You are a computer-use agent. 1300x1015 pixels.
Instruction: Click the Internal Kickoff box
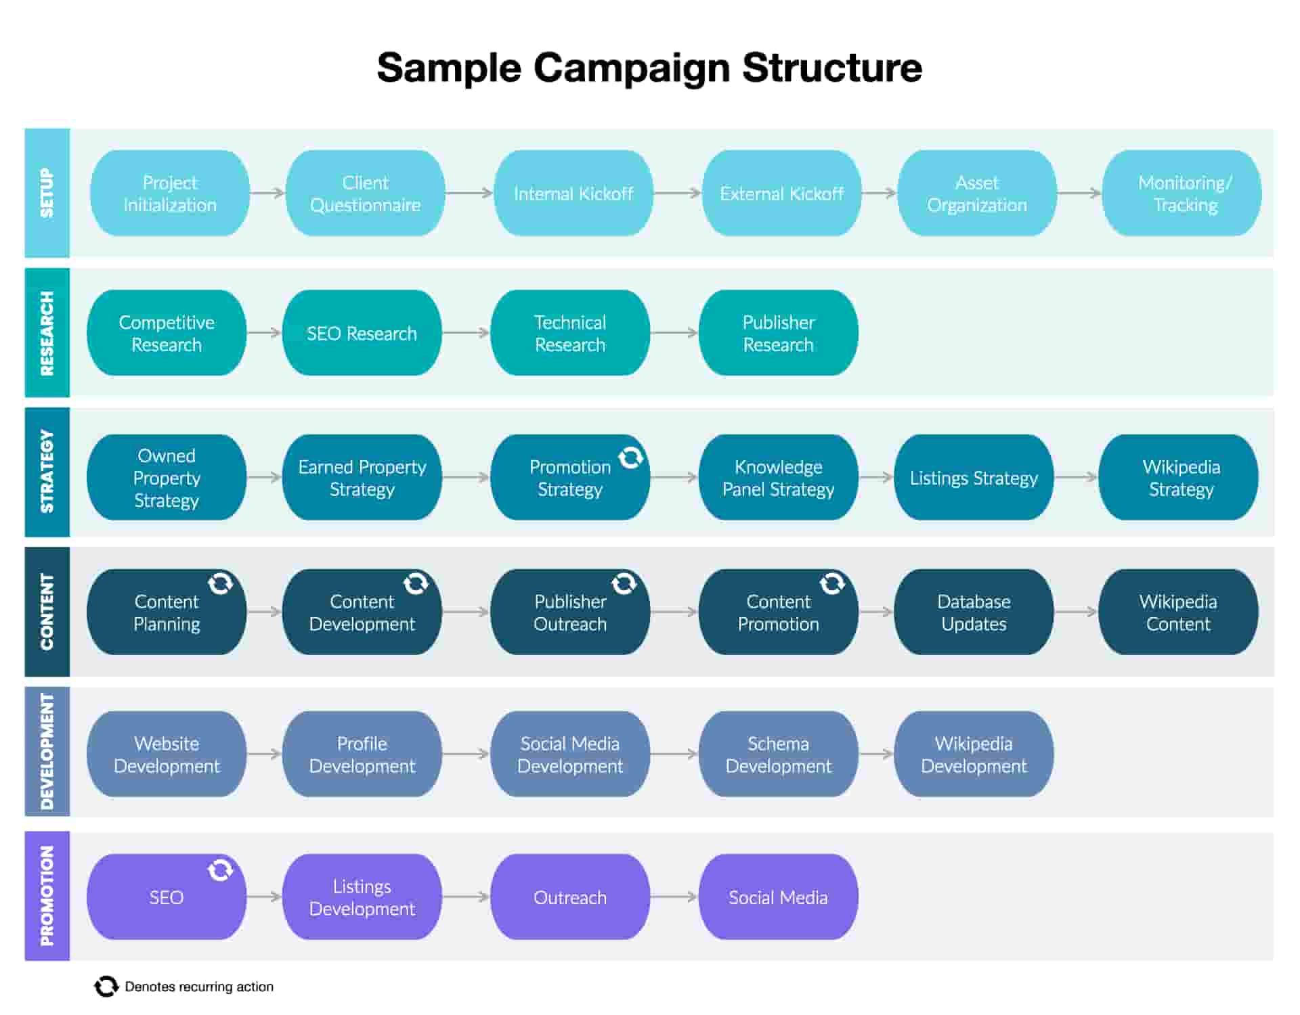[573, 194]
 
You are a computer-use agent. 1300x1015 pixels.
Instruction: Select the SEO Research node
[362, 333]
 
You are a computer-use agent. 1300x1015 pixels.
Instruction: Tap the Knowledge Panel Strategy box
[778, 478]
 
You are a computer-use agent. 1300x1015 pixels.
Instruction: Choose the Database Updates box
[973, 612]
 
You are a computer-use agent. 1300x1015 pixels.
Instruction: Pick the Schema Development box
[778, 754]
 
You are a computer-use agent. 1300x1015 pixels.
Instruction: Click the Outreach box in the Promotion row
[569, 897]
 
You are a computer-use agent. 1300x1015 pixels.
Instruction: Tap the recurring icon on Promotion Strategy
[630, 457]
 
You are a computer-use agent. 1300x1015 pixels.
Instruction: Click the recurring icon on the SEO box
[220, 870]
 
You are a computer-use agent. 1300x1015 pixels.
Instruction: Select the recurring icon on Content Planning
[220, 583]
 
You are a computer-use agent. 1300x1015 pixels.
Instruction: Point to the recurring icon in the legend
[106, 987]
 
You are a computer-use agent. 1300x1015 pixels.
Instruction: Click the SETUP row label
[47, 193]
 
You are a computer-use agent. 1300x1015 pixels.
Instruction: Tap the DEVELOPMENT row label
[47, 752]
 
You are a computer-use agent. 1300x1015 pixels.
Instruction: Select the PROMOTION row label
[47, 896]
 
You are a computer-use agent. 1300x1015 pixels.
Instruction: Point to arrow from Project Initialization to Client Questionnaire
[267, 194]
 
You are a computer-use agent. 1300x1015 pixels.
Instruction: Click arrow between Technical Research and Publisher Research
[674, 333]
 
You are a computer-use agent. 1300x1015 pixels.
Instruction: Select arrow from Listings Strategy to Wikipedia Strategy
[1076, 478]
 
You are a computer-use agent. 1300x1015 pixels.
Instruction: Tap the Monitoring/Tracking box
[1182, 194]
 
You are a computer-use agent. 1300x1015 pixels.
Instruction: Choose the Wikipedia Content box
[1178, 612]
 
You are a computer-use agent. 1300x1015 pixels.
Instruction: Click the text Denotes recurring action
[199, 987]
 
